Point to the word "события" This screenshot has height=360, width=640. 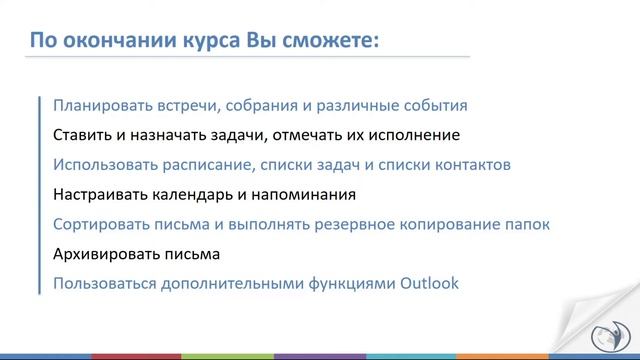(437, 104)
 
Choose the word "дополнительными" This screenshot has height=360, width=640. (238, 284)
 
